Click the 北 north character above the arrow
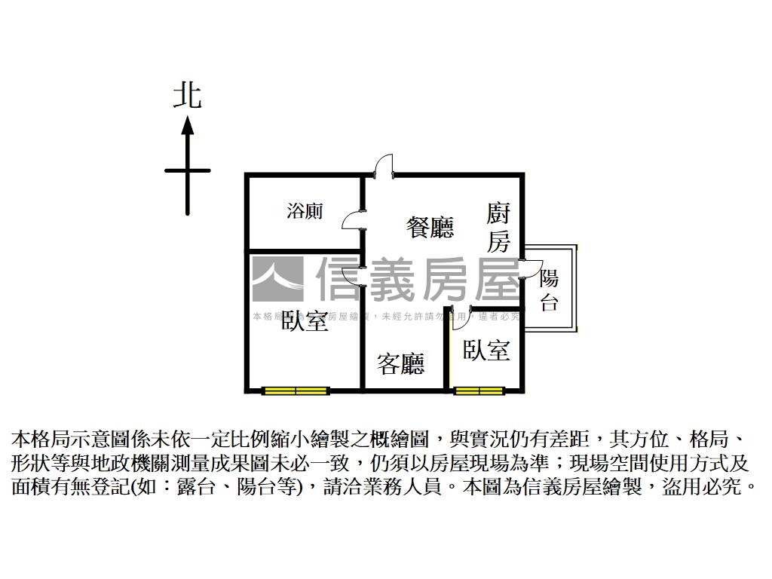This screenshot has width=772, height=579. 188,96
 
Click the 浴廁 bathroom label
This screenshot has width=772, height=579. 305,211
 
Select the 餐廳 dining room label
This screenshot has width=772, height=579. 430,227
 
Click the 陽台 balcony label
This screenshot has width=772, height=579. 550,291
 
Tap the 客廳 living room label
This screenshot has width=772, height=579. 401,364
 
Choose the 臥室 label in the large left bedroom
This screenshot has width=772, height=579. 305,322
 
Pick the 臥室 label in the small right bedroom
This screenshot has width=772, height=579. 486,350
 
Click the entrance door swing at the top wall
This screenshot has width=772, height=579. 384,167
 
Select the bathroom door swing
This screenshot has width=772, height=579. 352,220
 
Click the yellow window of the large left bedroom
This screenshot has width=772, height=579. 296,391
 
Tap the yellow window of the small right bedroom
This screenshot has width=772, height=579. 479,391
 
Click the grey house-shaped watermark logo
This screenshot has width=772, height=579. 277,279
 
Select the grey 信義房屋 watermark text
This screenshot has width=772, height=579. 418,279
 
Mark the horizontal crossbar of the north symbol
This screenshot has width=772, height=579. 188,171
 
